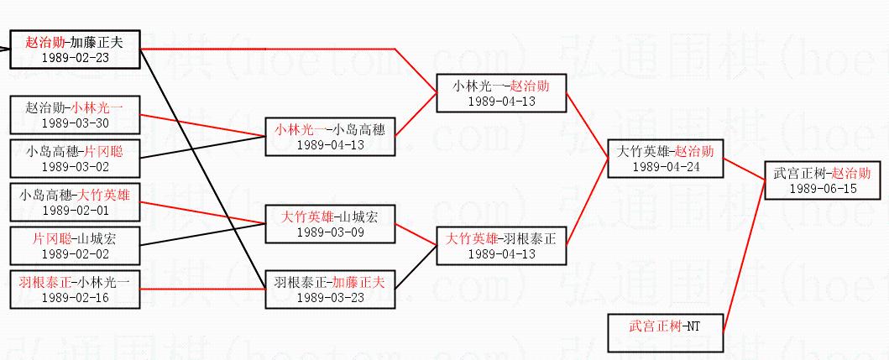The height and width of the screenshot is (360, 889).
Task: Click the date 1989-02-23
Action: point(74,57)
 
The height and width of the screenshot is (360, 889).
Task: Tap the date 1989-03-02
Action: point(74,167)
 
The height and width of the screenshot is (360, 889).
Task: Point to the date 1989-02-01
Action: point(74,211)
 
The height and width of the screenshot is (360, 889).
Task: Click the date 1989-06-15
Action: point(823,188)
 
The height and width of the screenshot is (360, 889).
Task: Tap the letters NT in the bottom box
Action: point(692,325)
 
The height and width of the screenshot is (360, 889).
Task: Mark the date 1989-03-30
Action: point(74,123)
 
